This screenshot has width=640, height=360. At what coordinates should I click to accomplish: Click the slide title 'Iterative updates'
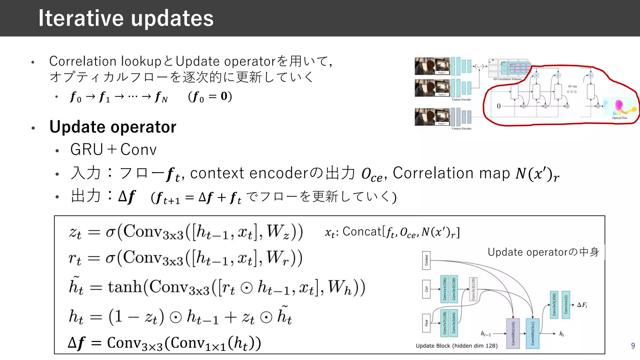[x=126, y=18]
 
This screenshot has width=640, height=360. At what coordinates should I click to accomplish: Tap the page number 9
[x=633, y=346]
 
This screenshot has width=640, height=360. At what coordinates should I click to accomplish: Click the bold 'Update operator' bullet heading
[x=113, y=127]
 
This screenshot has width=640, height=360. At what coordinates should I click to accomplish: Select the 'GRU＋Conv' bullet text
[x=113, y=149]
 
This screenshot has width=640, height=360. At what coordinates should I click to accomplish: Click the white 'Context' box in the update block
[x=426, y=260]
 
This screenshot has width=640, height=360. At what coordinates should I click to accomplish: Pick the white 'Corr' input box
[x=426, y=289]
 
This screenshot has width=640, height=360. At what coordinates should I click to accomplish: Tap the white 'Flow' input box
[x=426, y=323]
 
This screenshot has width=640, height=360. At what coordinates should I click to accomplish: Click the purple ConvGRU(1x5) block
[x=513, y=333]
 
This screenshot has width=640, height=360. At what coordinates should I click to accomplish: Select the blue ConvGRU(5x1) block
[x=532, y=333]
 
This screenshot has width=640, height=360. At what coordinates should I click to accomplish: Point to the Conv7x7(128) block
[x=445, y=323]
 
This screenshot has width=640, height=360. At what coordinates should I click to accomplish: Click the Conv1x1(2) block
[x=566, y=305]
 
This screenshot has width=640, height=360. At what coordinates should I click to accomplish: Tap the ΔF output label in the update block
[x=582, y=305]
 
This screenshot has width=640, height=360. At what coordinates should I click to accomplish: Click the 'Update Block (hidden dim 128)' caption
[x=457, y=346]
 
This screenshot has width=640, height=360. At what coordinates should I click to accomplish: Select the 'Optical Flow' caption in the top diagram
[x=620, y=118]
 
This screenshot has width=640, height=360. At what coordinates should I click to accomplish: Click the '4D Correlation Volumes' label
[x=507, y=79]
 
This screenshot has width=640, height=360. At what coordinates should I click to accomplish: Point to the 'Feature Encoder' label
[x=462, y=99]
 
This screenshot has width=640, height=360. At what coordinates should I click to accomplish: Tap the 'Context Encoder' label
[x=462, y=128]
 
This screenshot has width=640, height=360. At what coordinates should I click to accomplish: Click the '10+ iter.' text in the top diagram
[x=572, y=86]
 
